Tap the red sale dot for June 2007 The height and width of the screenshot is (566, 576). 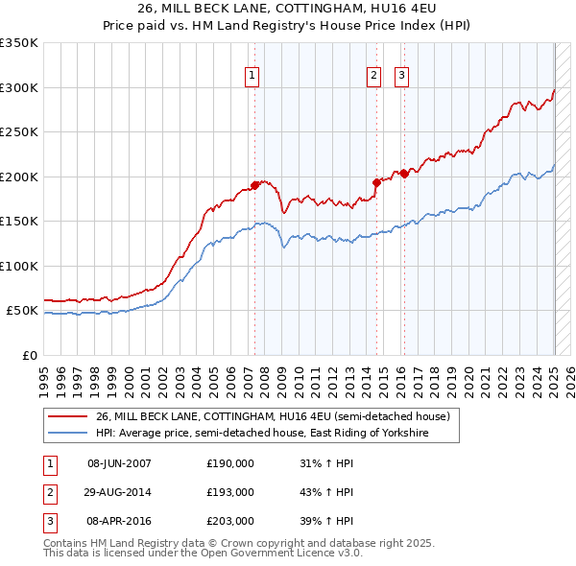[x=255, y=185]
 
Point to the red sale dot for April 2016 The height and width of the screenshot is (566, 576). [x=404, y=174]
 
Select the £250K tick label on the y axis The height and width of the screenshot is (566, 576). [x=19, y=132]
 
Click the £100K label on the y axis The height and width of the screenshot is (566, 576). [x=19, y=266]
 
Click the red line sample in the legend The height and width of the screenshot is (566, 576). [x=67, y=416]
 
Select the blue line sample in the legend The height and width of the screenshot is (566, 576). [x=67, y=434]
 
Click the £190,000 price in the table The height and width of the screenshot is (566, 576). [x=230, y=463]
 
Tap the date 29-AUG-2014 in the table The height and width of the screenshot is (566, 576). [x=119, y=492]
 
